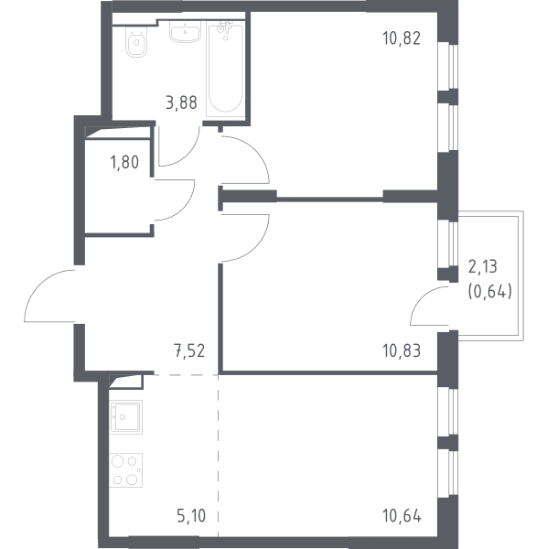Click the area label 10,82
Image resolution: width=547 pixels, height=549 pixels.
click(402, 38)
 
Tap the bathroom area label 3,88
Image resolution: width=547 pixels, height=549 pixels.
click(181, 102)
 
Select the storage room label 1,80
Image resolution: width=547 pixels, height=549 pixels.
click(124, 162)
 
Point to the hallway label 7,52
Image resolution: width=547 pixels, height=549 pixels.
click(189, 350)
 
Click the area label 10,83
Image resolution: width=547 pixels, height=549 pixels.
click(402, 350)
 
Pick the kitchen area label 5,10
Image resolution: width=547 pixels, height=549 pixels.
click(191, 516)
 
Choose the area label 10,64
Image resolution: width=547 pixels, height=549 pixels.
click(402, 516)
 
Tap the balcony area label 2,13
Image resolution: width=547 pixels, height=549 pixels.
click(483, 267)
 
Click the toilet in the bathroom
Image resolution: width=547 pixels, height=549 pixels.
click(136, 41)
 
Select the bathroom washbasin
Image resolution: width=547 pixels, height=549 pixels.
click(185, 31)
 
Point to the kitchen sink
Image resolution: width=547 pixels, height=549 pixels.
click(125, 417)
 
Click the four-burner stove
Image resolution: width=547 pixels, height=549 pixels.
click(125, 470)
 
